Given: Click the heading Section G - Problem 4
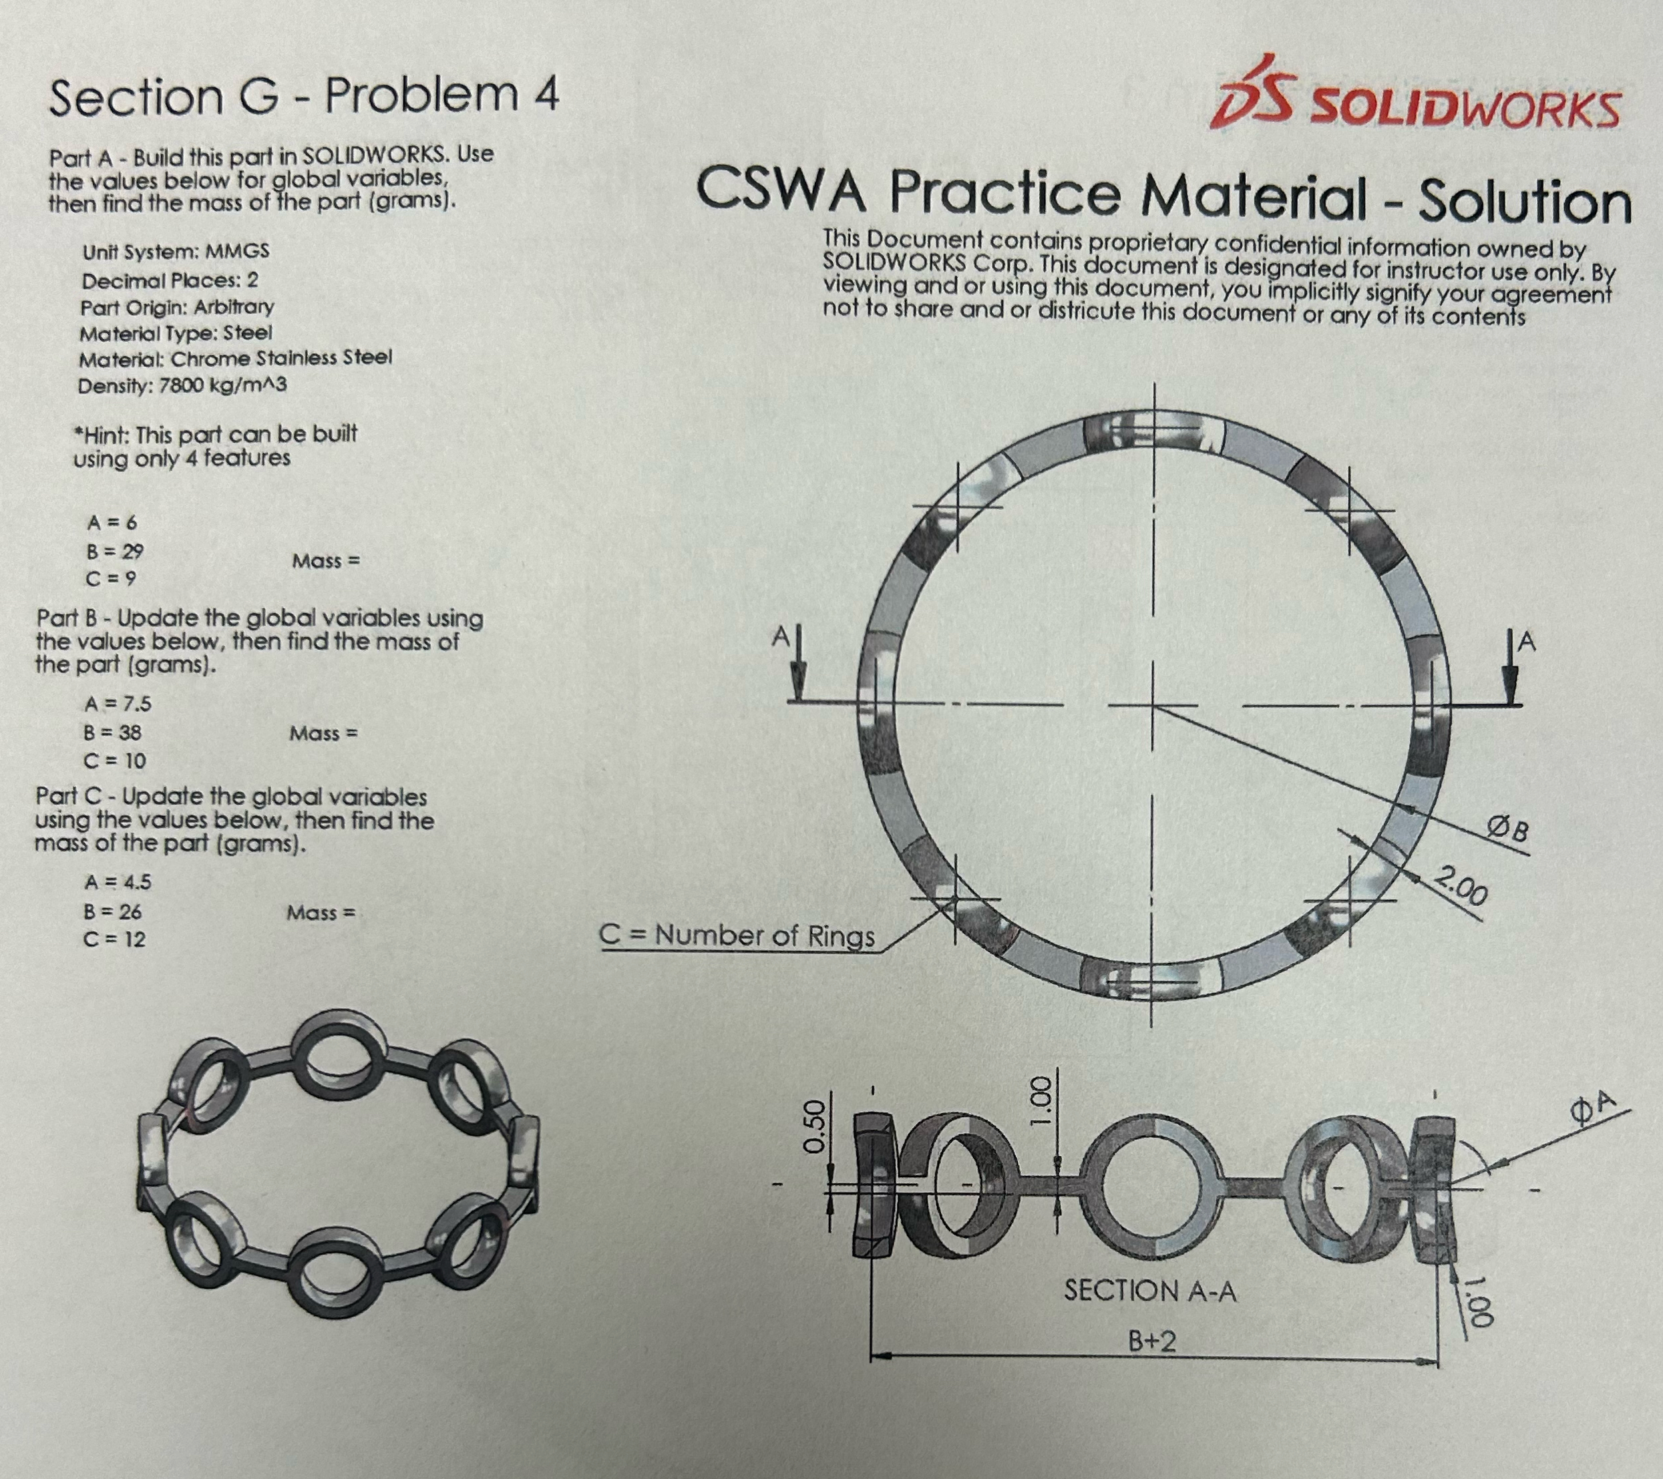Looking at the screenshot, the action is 305,95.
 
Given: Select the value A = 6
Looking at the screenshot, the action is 112,522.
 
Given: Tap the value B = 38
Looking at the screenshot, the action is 113,732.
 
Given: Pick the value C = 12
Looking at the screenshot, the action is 115,939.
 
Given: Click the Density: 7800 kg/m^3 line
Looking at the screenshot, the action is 182,385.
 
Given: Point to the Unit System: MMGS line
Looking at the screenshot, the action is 176,251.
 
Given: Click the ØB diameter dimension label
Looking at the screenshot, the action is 1507,831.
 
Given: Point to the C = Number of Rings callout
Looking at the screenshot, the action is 738,935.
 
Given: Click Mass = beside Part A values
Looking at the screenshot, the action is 325,562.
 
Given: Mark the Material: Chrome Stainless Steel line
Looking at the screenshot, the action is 235,358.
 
